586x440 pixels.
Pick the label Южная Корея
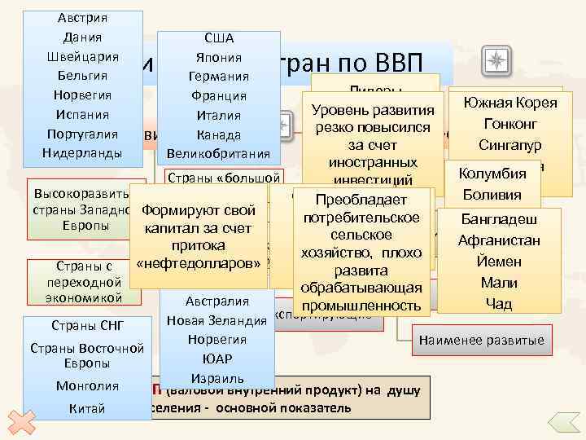tap(509, 103)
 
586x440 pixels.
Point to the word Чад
tap(499, 304)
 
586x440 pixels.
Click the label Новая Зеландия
tap(216, 320)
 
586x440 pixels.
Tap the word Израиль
tap(216, 378)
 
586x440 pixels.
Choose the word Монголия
tap(86, 385)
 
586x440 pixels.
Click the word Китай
tap(87, 408)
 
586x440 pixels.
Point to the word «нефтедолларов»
tap(199, 263)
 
